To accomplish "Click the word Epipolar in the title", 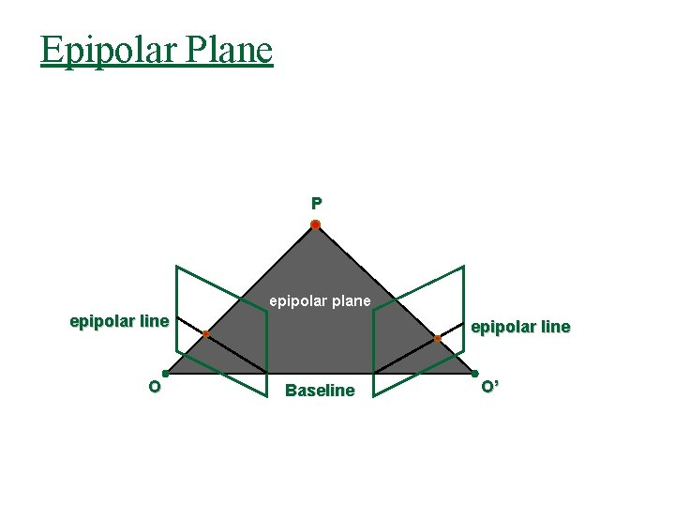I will click(106, 50).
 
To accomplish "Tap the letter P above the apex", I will click(316, 203).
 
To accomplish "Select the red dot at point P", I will click(316, 225).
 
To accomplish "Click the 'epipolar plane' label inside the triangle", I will click(320, 301).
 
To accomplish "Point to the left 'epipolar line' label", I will click(119, 322).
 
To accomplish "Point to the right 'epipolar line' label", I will click(520, 328).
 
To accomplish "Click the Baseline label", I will click(320, 391).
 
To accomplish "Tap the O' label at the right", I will click(489, 387).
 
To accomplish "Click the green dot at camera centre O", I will click(165, 373).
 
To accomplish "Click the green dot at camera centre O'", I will click(474, 373).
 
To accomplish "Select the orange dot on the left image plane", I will click(205, 334).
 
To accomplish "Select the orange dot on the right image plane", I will click(437, 338).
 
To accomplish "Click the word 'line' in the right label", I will click(554, 328).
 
